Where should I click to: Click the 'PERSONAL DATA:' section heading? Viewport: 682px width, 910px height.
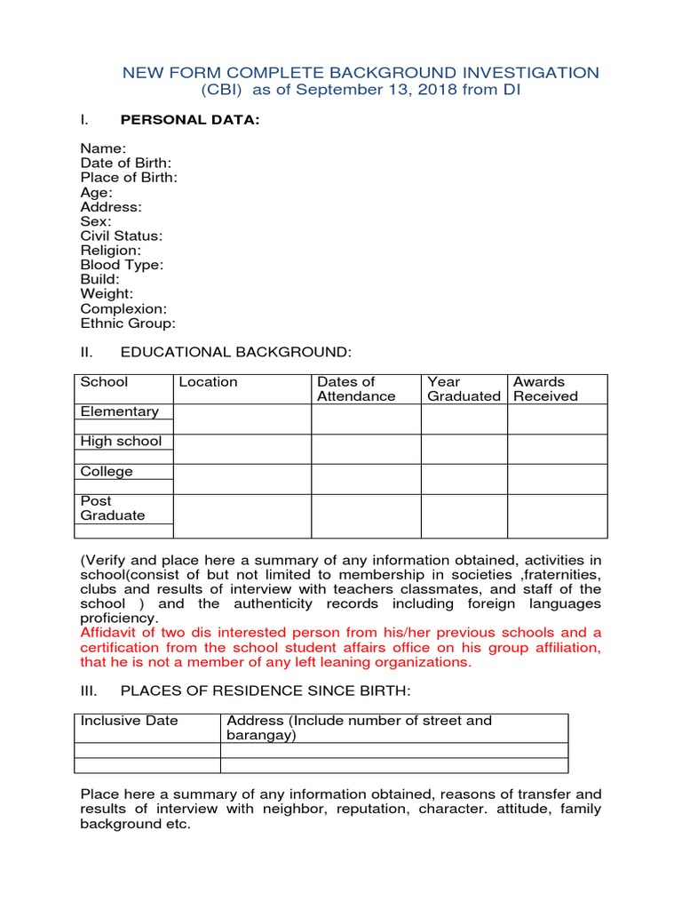(x=189, y=120)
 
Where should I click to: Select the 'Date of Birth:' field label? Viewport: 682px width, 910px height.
(x=126, y=164)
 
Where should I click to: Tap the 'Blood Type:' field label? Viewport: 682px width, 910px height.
(x=122, y=265)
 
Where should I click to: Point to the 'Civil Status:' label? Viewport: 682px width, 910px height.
(x=122, y=236)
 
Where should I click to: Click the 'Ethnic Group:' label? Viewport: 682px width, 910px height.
(x=128, y=323)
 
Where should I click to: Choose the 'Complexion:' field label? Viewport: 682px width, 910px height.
(x=123, y=308)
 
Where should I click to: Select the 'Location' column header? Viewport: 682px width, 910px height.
(x=209, y=382)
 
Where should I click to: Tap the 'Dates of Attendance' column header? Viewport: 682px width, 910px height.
(x=356, y=389)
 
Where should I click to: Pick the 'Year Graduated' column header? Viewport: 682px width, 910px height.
(x=464, y=389)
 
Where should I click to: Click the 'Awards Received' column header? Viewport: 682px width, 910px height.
(x=545, y=389)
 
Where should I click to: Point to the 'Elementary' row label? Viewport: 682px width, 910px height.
(x=120, y=411)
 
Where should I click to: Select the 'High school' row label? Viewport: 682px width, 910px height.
(x=122, y=442)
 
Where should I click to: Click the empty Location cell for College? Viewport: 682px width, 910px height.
(x=242, y=479)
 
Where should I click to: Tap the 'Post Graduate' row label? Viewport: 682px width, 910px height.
(x=113, y=508)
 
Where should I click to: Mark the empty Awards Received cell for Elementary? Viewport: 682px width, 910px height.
(x=557, y=419)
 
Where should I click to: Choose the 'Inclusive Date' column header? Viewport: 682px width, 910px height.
(x=130, y=721)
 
